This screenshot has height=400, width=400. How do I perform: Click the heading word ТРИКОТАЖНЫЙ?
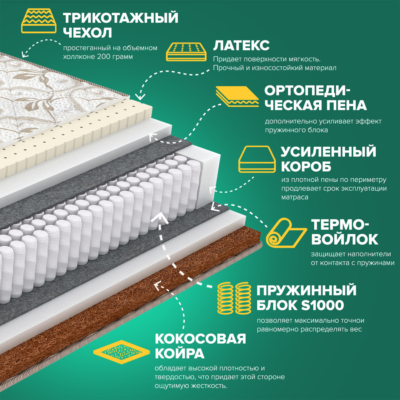[x=121, y=18]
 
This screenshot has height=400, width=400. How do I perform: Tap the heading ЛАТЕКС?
[x=241, y=46]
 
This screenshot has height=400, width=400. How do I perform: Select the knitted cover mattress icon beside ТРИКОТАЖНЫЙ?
[x=39, y=21]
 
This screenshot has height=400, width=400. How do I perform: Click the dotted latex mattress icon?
[x=186, y=51]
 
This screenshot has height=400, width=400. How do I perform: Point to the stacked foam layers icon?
[x=237, y=96]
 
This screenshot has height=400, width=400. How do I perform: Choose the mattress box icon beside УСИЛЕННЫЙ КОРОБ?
[x=257, y=159]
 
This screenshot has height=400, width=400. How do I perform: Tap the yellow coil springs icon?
[x=234, y=298]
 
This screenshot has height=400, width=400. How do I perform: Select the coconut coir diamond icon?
[x=121, y=352]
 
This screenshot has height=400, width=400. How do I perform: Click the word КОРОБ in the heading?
[x=306, y=167]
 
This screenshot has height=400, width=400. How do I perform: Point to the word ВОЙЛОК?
[x=344, y=239]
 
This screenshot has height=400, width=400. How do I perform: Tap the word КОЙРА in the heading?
[x=179, y=354]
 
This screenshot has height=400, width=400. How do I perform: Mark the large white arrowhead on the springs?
[x=160, y=218]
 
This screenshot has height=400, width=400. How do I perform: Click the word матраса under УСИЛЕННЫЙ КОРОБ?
[x=294, y=197]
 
